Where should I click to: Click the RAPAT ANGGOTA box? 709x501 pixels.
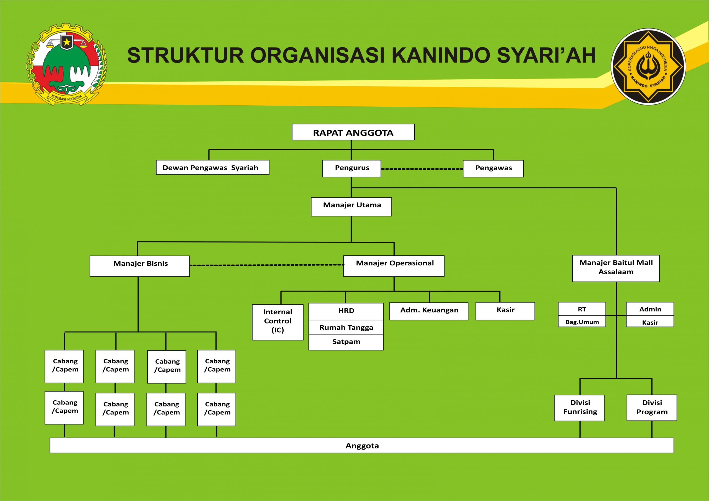[353, 132]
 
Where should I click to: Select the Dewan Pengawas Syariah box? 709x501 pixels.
[212, 168]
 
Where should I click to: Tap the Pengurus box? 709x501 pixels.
[351, 168]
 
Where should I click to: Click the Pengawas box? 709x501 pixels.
[493, 168]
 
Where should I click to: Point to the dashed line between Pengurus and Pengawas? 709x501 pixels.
[422, 169]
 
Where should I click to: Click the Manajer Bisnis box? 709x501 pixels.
[140, 266]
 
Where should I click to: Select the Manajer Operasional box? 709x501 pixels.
[394, 266]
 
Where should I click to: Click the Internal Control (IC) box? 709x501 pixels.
[278, 322]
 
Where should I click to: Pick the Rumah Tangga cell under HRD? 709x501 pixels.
[346, 327]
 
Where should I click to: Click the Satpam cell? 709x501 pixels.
[346, 342]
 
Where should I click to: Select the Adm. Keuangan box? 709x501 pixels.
[428, 311]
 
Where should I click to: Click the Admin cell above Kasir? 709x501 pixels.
[650, 309]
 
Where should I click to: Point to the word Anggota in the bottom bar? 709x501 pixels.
[362, 445]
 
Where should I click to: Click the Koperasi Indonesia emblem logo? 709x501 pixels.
[66, 64]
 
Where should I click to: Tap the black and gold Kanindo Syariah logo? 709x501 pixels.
[648, 67]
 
